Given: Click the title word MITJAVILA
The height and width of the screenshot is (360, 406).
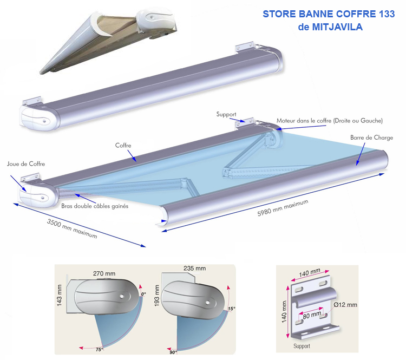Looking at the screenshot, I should point(337,26).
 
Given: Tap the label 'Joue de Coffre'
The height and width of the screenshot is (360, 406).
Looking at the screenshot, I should point(26,163).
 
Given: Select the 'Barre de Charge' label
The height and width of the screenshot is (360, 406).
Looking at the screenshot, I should point(371,138).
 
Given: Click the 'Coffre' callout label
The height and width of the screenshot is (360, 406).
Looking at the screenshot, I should point(123,146).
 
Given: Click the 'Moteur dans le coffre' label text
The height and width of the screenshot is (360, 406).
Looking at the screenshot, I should point(330,120).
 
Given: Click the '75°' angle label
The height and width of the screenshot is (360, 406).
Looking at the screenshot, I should point(100,350).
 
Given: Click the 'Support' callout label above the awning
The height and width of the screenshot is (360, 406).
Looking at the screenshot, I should point(227,114).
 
